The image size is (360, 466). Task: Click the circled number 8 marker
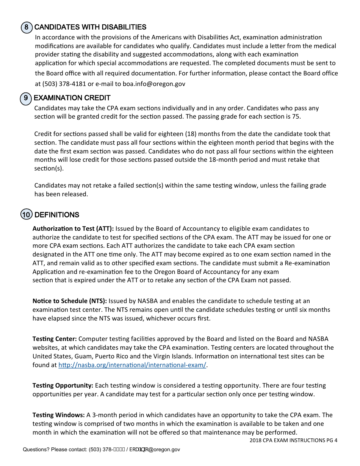coord(26,27)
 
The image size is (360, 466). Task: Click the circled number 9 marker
coord(25,98)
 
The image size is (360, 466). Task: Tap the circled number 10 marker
coord(26,215)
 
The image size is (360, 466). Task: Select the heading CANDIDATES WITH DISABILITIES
coord(90,27)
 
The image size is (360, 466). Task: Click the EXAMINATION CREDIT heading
coord(72,98)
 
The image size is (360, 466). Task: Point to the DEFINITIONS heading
coord(57,215)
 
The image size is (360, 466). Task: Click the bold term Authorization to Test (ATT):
coord(73,228)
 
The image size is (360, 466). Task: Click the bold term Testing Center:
coord(55,339)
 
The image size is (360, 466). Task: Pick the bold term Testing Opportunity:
coord(63,385)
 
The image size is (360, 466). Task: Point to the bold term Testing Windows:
coord(59,415)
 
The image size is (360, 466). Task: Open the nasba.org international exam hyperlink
coord(132,365)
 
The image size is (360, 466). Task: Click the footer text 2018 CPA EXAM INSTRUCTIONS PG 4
coord(293,440)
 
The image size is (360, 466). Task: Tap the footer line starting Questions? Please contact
coord(101,450)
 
